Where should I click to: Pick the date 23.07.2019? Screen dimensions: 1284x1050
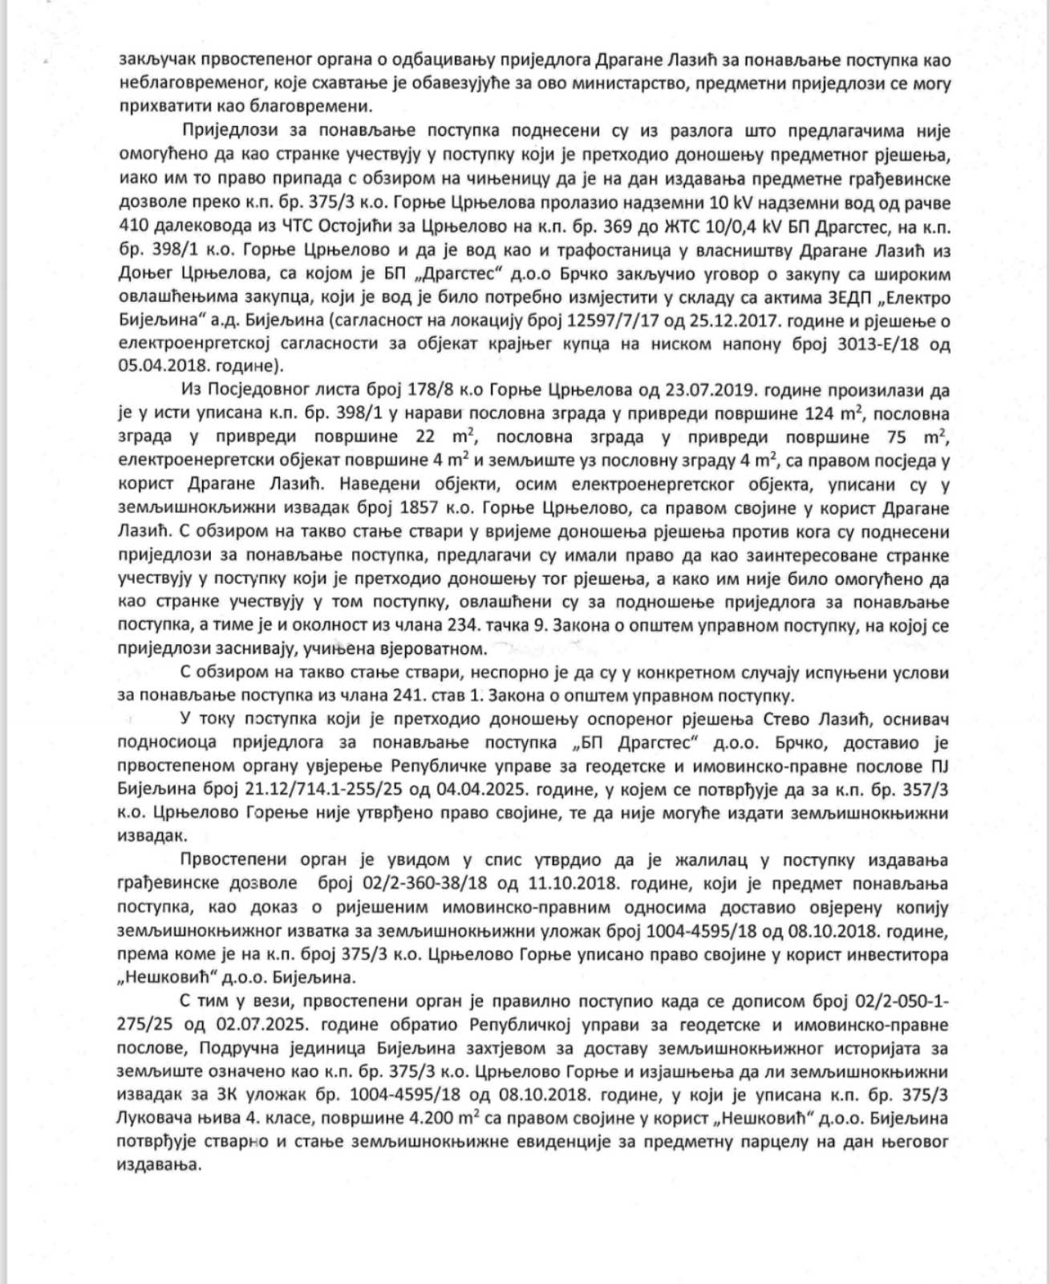click(702, 391)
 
